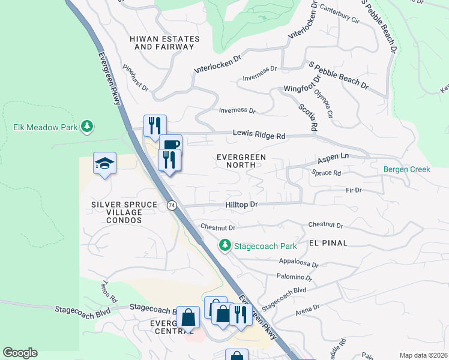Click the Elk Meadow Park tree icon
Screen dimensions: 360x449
[88, 126]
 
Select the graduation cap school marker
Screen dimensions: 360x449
[104, 163]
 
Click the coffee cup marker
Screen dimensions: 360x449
[170, 145]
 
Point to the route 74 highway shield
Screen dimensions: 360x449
[172, 205]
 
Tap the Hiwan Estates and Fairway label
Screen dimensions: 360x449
[163, 43]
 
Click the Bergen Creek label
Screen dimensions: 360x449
[407, 170]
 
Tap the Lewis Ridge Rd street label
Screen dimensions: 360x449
[259, 136]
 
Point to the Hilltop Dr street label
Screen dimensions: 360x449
[241, 205]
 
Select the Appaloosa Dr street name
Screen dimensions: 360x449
[298, 263]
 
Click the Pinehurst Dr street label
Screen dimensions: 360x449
[135, 79]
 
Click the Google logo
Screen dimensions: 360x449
[20, 353]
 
